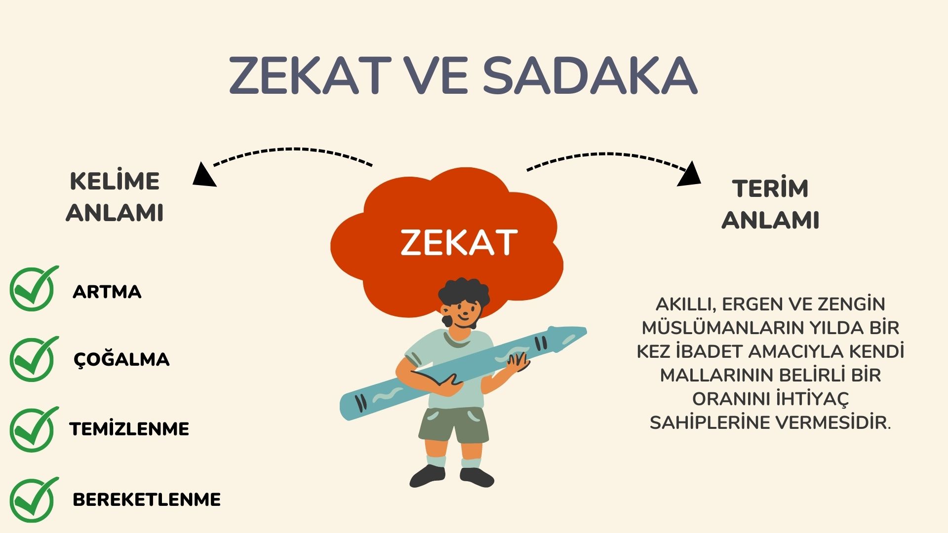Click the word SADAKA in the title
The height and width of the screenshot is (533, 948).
pyautogui.click(x=590, y=76)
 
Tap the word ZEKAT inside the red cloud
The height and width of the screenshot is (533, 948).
pyautogui.click(x=459, y=242)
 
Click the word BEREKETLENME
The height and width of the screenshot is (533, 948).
pyautogui.click(x=147, y=499)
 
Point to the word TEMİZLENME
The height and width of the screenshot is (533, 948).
pyautogui.click(x=129, y=429)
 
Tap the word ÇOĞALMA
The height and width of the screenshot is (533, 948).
pyautogui.click(x=121, y=359)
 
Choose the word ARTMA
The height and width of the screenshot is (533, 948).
pyautogui.click(x=107, y=292)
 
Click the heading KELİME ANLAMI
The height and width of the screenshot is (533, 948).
pyautogui.click(x=115, y=197)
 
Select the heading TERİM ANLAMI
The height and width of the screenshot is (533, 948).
pyautogui.click(x=770, y=204)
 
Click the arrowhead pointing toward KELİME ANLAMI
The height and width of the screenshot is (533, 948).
pyautogui.click(x=203, y=176)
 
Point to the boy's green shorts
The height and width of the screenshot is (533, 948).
pyautogui.click(x=453, y=424)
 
